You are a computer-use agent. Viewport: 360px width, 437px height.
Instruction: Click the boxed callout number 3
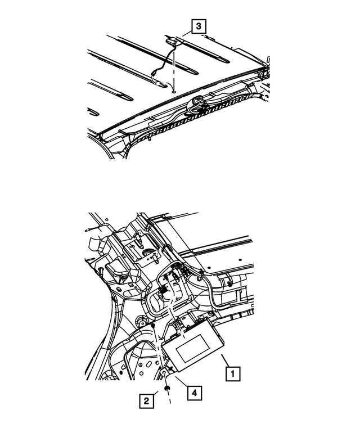tap(198, 26)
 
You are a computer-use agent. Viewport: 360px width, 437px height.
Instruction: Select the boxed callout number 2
tap(146, 400)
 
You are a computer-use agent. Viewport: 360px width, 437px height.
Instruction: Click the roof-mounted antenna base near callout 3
tap(174, 40)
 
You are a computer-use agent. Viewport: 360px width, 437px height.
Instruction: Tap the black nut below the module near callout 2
tap(167, 388)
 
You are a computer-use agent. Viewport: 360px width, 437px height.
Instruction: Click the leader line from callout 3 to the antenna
tap(186, 33)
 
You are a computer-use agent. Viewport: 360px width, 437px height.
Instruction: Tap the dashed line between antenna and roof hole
tap(174, 67)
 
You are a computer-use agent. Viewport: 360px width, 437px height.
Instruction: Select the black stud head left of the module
tap(152, 326)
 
